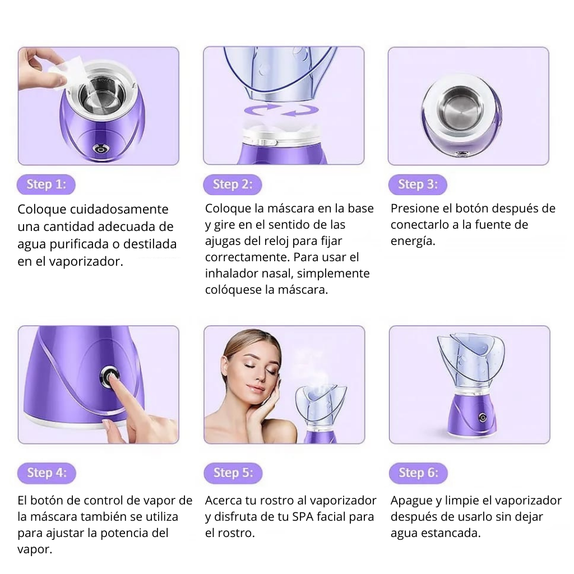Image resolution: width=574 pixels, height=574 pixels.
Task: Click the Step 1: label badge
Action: pos(46,184)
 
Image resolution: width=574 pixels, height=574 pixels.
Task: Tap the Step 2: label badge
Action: pos(232,184)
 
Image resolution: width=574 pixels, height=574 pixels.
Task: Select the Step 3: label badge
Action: pos(417,184)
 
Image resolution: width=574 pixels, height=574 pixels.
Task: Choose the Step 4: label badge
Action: pos(47,473)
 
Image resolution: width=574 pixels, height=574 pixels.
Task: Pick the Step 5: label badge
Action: pos(233,473)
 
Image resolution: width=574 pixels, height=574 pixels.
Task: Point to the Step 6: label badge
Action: pos(418,473)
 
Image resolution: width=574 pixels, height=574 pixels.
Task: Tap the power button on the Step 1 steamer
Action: pos(100,149)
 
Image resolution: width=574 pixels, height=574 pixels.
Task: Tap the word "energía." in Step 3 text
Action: pos(413,241)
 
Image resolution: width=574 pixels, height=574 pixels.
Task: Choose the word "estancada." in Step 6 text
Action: pos(450,533)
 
